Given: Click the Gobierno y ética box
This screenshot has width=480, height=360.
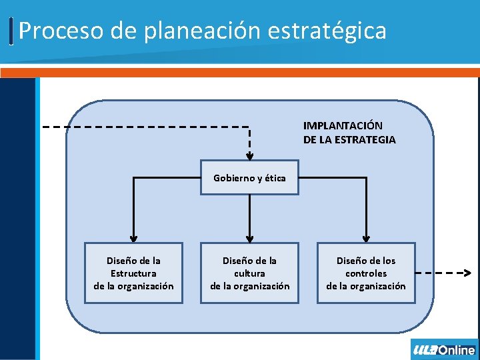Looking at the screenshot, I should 249,178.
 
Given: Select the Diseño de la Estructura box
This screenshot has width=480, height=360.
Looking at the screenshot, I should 133,273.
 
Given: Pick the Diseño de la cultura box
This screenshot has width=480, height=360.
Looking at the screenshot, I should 249,273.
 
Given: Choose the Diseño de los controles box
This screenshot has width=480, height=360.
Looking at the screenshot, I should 365,273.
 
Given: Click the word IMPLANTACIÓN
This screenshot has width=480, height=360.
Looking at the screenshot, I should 343,125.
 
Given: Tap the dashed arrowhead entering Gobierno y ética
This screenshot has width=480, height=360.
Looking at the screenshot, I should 249,157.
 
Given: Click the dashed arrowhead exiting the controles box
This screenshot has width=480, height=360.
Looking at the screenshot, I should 467,273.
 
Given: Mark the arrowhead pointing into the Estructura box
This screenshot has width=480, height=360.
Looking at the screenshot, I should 133,237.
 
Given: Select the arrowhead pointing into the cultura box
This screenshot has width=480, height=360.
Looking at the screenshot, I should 249,237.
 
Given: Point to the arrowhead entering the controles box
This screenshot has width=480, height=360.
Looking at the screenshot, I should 365,237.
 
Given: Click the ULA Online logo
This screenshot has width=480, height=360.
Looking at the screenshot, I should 444,350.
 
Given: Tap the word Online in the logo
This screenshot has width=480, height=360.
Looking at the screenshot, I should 457,350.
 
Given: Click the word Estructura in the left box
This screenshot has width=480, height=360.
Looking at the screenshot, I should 133,273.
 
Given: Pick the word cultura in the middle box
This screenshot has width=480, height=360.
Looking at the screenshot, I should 249,273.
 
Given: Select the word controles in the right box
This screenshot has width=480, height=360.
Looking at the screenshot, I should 365,273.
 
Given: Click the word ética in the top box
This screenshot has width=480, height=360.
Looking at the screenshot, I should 274,178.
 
